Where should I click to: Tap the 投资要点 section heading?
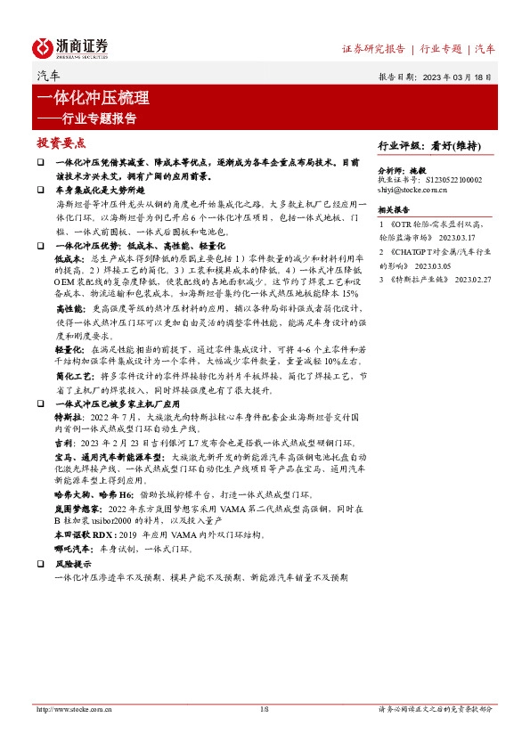(x=61, y=143)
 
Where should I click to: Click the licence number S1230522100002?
(x=454, y=178)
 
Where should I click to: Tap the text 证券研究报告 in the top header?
(x=373, y=48)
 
